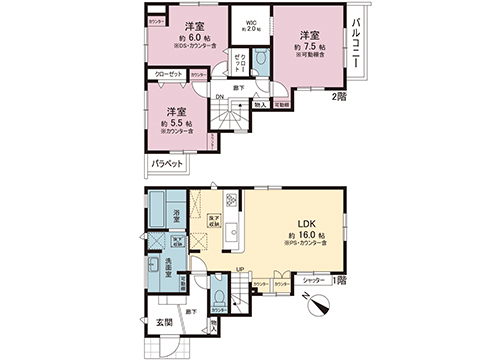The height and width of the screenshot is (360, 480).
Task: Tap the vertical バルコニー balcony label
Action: click(x=355, y=45)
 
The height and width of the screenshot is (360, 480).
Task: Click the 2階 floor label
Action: click(x=341, y=96)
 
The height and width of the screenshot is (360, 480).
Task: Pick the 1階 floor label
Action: click(x=342, y=280)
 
